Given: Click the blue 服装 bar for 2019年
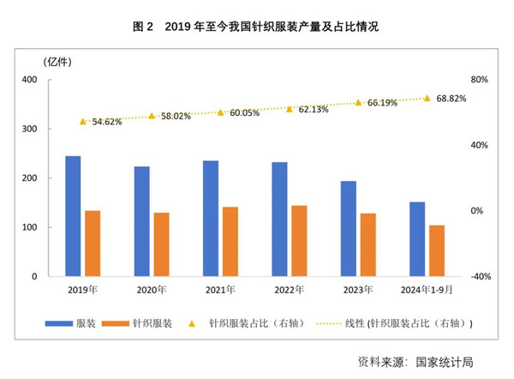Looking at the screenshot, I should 73,216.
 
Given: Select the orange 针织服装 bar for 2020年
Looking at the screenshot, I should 161,244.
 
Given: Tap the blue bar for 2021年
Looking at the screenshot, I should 211,219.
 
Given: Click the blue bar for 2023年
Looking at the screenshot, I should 348,229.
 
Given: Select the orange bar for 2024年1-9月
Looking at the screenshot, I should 437,251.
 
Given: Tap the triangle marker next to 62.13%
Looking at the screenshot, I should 290,109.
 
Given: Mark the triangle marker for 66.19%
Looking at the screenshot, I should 359,102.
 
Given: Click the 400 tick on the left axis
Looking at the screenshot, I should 28,80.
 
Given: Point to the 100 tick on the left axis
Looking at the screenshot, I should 28,228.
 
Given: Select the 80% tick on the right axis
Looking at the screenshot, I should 479,80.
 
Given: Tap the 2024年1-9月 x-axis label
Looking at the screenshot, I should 426,290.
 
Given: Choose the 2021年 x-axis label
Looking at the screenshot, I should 220,290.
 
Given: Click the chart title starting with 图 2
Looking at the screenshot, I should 256,27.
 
